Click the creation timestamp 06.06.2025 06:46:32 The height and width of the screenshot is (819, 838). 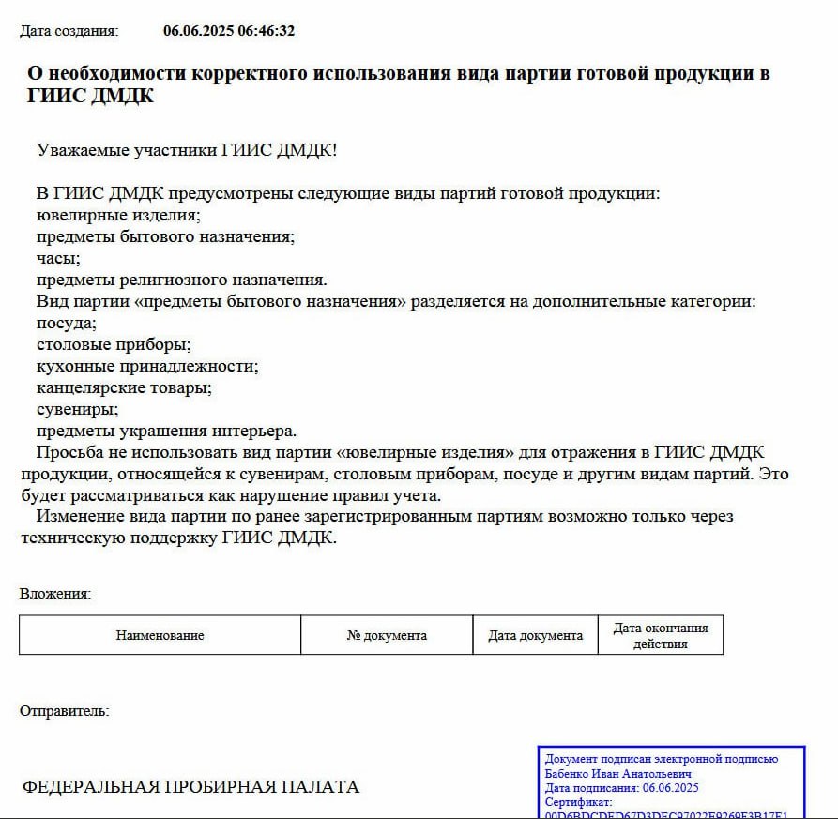click(x=229, y=31)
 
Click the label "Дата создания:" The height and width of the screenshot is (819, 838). click(x=69, y=31)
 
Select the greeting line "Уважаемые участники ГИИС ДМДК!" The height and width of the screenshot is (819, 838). click(x=186, y=150)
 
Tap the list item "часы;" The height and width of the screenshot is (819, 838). click(x=58, y=258)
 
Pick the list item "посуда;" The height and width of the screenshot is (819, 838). click(x=67, y=323)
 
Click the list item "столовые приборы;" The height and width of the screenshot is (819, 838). click(x=114, y=344)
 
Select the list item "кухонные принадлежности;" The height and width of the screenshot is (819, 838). click(x=147, y=366)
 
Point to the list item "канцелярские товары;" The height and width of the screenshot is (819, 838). click(x=124, y=387)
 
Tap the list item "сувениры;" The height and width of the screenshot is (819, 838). click(x=78, y=409)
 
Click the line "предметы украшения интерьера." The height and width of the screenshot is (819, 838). click(x=166, y=431)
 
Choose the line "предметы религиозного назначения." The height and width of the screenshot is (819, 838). click(x=181, y=280)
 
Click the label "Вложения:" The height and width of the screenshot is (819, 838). click(x=55, y=594)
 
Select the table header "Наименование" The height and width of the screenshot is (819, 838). click(x=160, y=635)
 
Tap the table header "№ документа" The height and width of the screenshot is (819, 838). click(x=387, y=635)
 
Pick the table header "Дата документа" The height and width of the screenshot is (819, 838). click(x=535, y=635)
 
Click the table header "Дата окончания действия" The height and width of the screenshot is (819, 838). click(x=661, y=635)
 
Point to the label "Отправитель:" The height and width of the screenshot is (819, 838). click(x=64, y=711)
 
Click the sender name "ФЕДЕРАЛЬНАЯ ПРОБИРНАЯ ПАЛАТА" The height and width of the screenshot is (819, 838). click(x=190, y=786)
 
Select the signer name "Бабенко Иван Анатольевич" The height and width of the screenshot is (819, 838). click(x=618, y=774)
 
